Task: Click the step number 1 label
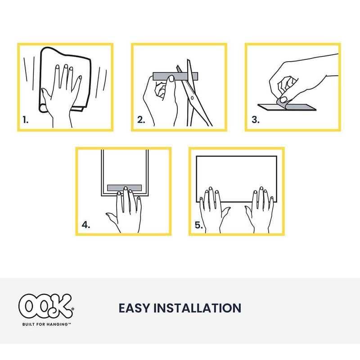click(x=26, y=120)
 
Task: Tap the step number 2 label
click(x=141, y=120)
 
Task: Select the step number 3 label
click(x=256, y=120)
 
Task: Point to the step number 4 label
click(x=86, y=225)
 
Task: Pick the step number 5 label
click(x=199, y=225)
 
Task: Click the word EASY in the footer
click(x=134, y=308)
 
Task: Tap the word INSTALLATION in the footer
click(x=198, y=308)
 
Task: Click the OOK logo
click(x=46, y=306)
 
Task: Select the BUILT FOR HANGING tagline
click(x=46, y=324)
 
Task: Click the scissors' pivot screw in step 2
click(x=193, y=98)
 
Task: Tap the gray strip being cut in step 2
click(x=175, y=76)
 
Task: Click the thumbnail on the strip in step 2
click(x=171, y=78)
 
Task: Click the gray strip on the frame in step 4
click(x=125, y=188)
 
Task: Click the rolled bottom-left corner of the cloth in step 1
click(x=43, y=108)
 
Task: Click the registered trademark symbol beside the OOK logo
click(x=73, y=309)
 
